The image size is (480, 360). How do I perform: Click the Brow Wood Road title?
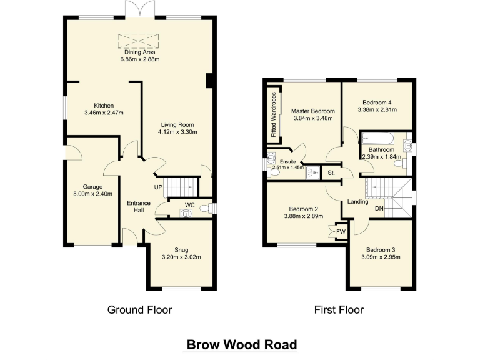[x=241, y=344]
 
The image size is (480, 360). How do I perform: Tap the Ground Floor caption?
[x=139, y=309]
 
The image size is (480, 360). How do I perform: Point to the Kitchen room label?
[x=104, y=106]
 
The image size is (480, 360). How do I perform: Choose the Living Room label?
[x=177, y=124]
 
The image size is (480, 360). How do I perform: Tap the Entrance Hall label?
[x=138, y=207]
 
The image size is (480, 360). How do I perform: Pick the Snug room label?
[x=181, y=249]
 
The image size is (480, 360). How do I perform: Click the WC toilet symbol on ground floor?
[x=183, y=214]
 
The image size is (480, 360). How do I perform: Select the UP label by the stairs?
[x=158, y=187]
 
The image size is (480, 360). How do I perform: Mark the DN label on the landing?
[x=379, y=208]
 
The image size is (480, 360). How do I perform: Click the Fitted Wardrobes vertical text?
[x=273, y=114]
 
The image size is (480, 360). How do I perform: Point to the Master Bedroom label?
[x=313, y=111]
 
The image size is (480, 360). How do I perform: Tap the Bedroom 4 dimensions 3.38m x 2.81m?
[x=377, y=109]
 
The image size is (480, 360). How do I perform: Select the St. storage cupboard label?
[x=331, y=172]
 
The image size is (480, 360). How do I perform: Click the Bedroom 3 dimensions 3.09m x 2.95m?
[x=381, y=257]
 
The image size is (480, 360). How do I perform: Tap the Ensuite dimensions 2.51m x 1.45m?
[x=288, y=167]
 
